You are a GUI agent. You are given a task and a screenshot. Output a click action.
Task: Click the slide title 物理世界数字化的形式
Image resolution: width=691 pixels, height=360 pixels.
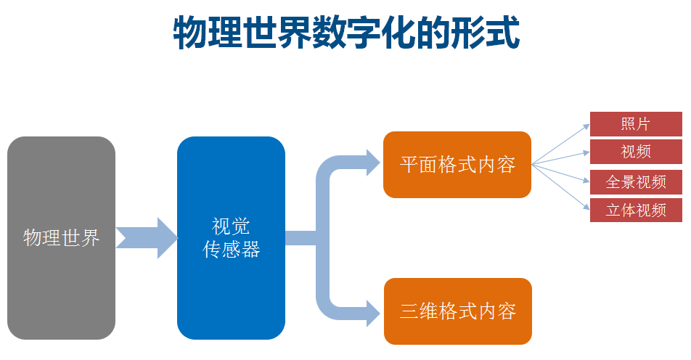pyautogui.click(x=346, y=34)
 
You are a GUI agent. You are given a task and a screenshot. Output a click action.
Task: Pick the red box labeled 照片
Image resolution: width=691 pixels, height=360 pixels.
pyautogui.click(x=636, y=123)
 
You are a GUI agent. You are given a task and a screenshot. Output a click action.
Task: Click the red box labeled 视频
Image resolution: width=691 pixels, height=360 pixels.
pyautogui.click(x=636, y=152)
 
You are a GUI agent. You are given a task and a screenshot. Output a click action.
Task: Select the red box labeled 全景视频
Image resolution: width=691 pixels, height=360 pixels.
pyautogui.click(x=636, y=181)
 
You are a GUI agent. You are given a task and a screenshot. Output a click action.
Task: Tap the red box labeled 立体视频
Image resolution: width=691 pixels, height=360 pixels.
pyautogui.click(x=636, y=210)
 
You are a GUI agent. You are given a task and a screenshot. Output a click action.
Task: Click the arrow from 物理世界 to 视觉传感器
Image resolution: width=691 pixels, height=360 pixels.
pyautogui.click(x=147, y=237)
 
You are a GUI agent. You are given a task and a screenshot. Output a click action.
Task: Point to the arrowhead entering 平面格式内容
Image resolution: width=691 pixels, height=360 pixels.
pyautogui.click(x=372, y=161)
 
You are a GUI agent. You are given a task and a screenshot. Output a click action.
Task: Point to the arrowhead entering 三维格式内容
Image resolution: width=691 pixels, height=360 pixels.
pyautogui.click(x=372, y=312)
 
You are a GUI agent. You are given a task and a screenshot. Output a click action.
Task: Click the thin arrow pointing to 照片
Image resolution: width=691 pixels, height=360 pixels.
pyautogui.click(x=563, y=144)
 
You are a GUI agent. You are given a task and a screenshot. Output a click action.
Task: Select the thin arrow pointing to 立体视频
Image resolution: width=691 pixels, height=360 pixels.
pyautogui.click(x=563, y=187)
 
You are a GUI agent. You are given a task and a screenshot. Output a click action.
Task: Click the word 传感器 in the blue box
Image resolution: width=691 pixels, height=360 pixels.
pyautogui.click(x=231, y=250)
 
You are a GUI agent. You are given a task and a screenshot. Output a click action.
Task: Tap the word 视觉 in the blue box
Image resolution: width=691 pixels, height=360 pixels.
pyautogui.click(x=231, y=226)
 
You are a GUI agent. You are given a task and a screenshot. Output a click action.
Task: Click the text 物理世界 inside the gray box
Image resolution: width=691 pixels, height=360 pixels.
pyautogui.click(x=62, y=237)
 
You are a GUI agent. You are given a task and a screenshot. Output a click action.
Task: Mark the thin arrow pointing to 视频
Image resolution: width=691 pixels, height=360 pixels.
pyautogui.click(x=563, y=157)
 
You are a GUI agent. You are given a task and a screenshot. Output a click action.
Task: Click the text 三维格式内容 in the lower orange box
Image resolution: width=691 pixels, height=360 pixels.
pyautogui.click(x=457, y=311)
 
